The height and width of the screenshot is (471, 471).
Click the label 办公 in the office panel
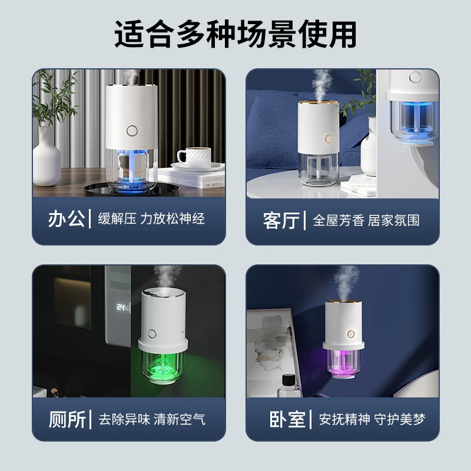(67, 218)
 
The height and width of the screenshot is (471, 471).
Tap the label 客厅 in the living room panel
(281, 220)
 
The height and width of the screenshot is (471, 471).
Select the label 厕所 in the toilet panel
(67, 419)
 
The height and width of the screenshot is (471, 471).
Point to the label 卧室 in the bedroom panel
(287, 419)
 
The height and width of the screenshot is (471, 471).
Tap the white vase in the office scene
(47, 156)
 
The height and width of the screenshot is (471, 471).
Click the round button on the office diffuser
(132, 131)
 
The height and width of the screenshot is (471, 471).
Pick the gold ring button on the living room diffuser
(329, 139)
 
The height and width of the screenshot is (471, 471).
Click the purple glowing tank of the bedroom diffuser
(343, 362)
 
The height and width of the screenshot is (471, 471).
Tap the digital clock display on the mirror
(123, 307)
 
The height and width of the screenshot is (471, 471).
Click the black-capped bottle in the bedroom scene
(288, 386)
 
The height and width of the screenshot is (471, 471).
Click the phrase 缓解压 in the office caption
(117, 218)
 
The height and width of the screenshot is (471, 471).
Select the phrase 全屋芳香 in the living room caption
(339, 220)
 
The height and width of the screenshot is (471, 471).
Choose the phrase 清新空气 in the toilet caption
(180, 419)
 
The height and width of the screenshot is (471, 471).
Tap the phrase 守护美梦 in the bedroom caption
(400, 419)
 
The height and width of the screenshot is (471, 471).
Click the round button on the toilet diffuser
(152, 334)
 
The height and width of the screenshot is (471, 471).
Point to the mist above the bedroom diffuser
(346, 283)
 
